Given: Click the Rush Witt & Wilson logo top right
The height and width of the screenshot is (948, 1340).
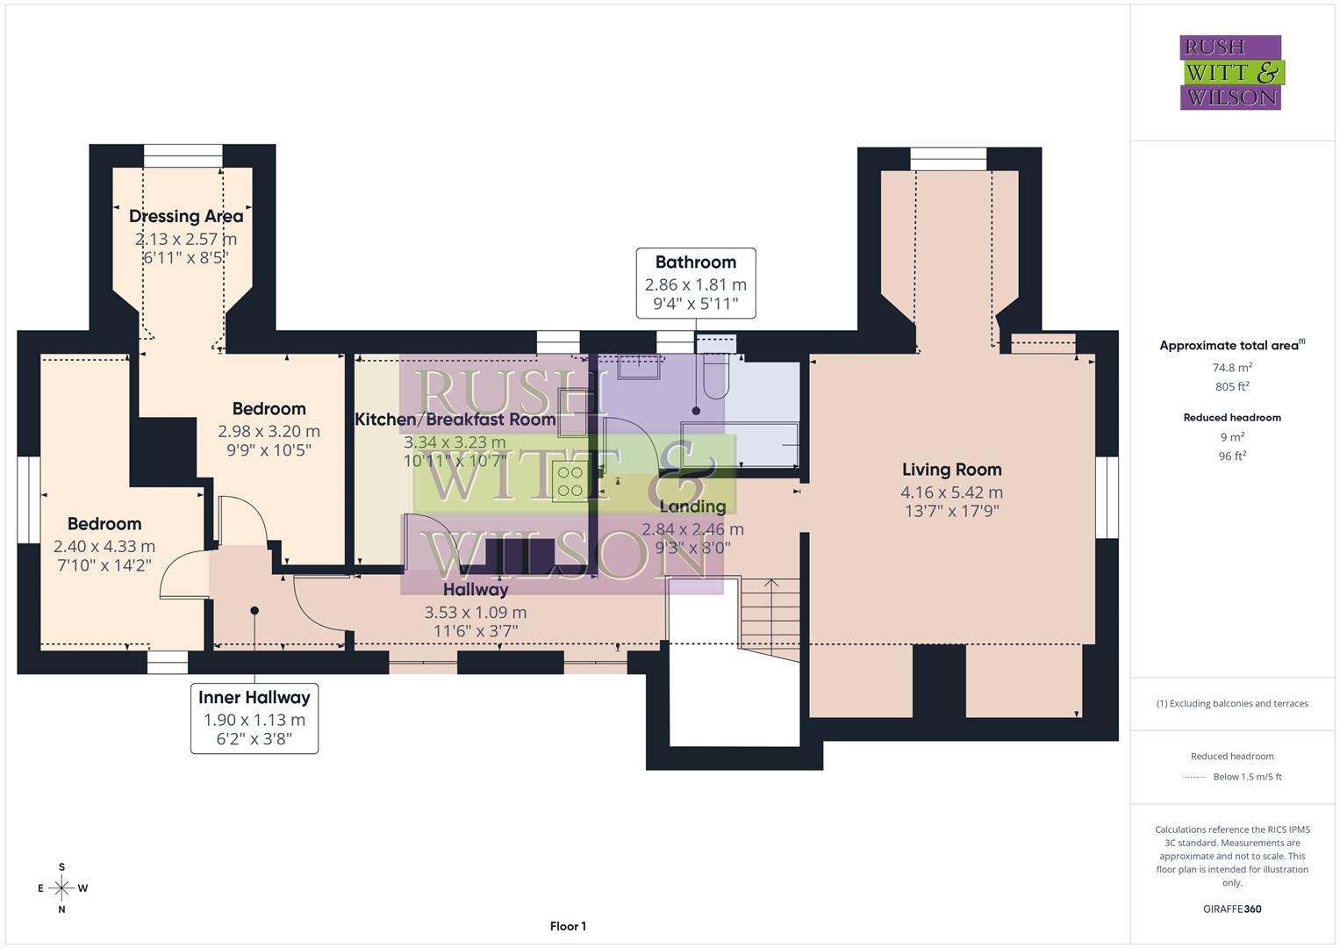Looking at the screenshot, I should pyautogui.click(x=1230, y=72).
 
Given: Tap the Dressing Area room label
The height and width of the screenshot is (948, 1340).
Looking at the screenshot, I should pyautogui.click(x=186, y=216).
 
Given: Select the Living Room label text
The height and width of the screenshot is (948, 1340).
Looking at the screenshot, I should pyautogui.click(x=951, y=470).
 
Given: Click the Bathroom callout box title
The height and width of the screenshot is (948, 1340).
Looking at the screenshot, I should pyautogui.click(x=695, y=262).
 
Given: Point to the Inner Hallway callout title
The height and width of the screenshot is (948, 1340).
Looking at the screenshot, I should pyautogui.click(x=254, y=698).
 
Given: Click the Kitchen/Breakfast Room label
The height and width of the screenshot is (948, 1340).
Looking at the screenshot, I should pyautogui.click(x=455, y=420).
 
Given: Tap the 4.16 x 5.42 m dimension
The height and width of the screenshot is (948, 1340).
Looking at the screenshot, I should pyautogui.click(x=951, y=492).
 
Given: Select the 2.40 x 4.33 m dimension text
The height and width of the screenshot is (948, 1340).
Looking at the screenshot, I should pyautogui.click(x=104, y=546).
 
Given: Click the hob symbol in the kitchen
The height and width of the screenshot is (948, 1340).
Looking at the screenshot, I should pyautogui.click(x=570, y=481).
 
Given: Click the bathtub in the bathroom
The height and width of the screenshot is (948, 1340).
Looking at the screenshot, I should pyautogui.click(x=741, y=444).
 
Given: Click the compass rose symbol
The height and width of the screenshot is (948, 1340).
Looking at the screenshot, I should pyautogui.click(x=61, y=888).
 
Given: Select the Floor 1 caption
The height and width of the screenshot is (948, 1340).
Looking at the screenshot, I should pyautogui.click(x=568, y=926).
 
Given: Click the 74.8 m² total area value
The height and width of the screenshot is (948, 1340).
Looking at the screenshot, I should pyautogui.click(x=1232, y=368).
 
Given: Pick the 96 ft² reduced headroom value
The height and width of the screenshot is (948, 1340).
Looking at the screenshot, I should pyautogui.click(x=1232, y=456).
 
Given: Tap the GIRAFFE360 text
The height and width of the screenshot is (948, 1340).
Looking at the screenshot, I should pyautogui.click(x=1232, y=908).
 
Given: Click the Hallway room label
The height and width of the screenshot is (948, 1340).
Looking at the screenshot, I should pyautogui.click(x=475, y=590).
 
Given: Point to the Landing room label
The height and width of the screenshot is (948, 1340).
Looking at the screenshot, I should pyautogui.click(x=692, y=506).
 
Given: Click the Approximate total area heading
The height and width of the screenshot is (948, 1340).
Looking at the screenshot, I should pyautogui.click(x=1231, y=346).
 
